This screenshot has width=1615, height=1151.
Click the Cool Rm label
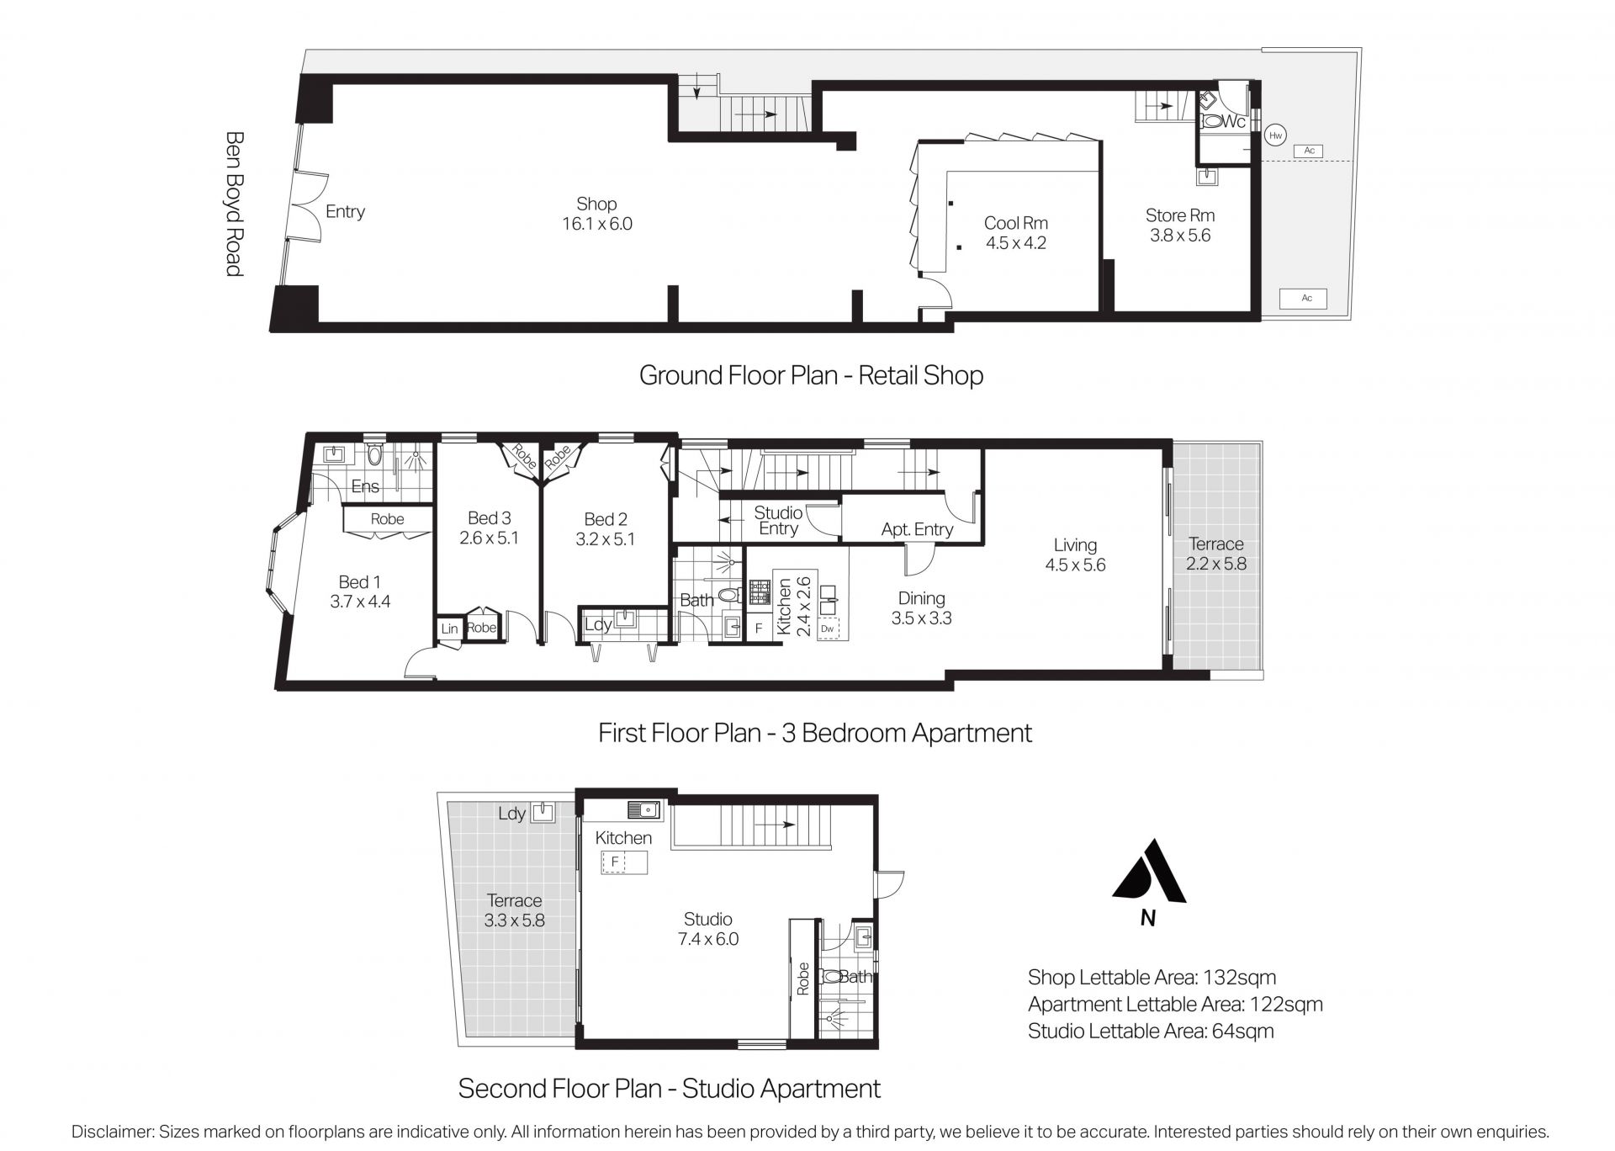(x=1016, y=223)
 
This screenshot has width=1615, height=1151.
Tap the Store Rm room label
(x=1180, y=215)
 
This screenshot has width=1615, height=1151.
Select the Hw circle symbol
(x=1275, y=135)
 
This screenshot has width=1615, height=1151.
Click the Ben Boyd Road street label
(x=235, y=203)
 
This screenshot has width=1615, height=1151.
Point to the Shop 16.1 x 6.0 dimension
(x=597, y=224)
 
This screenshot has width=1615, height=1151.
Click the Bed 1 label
(x=360, y=581)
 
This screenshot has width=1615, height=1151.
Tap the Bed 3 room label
(x=490, y=518)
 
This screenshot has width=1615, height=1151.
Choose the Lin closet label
(x=450, y=629)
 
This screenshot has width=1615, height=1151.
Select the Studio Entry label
(x=778, y=521)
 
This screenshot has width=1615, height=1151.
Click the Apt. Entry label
(x=917, y=529)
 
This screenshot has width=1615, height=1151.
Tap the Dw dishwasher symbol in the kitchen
(x=828, y=629)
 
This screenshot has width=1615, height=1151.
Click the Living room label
(x=1075, y=544)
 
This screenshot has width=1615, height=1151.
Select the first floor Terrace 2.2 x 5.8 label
(x=1216, y=554)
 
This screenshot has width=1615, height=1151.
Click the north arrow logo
(x=1149, y=871)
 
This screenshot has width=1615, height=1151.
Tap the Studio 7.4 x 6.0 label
(x=708, y=929)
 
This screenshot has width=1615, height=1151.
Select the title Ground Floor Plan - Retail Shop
(x=812, y=374)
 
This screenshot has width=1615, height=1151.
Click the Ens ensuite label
(x=365, y=486)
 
